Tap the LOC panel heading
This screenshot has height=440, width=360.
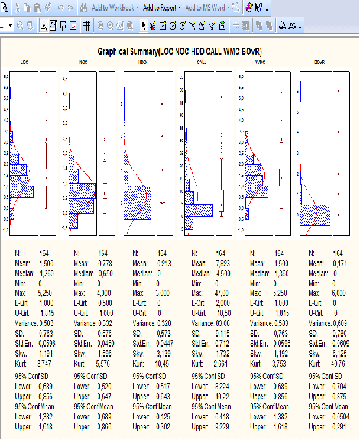pyautogui.click(x=24, y=62)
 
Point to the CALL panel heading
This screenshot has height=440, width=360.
pyautogui.click(x=201, y=62)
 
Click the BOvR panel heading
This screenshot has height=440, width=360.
pyautogui.click(x=319, y=62)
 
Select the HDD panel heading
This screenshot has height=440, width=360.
pyautogui.click(x=142, y=62)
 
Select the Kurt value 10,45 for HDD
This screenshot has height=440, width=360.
pyautogui.click(x=163, y=364)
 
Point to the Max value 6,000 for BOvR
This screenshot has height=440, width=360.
pyautogui.click(x=339, y=293)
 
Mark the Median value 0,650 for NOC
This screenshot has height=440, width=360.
pyautogui.click(x=104, y=273)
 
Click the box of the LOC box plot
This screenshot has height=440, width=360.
pyautogui.click(x=46, y=177)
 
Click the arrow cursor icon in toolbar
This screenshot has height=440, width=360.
pyautogui.click(x=143, y=25)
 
